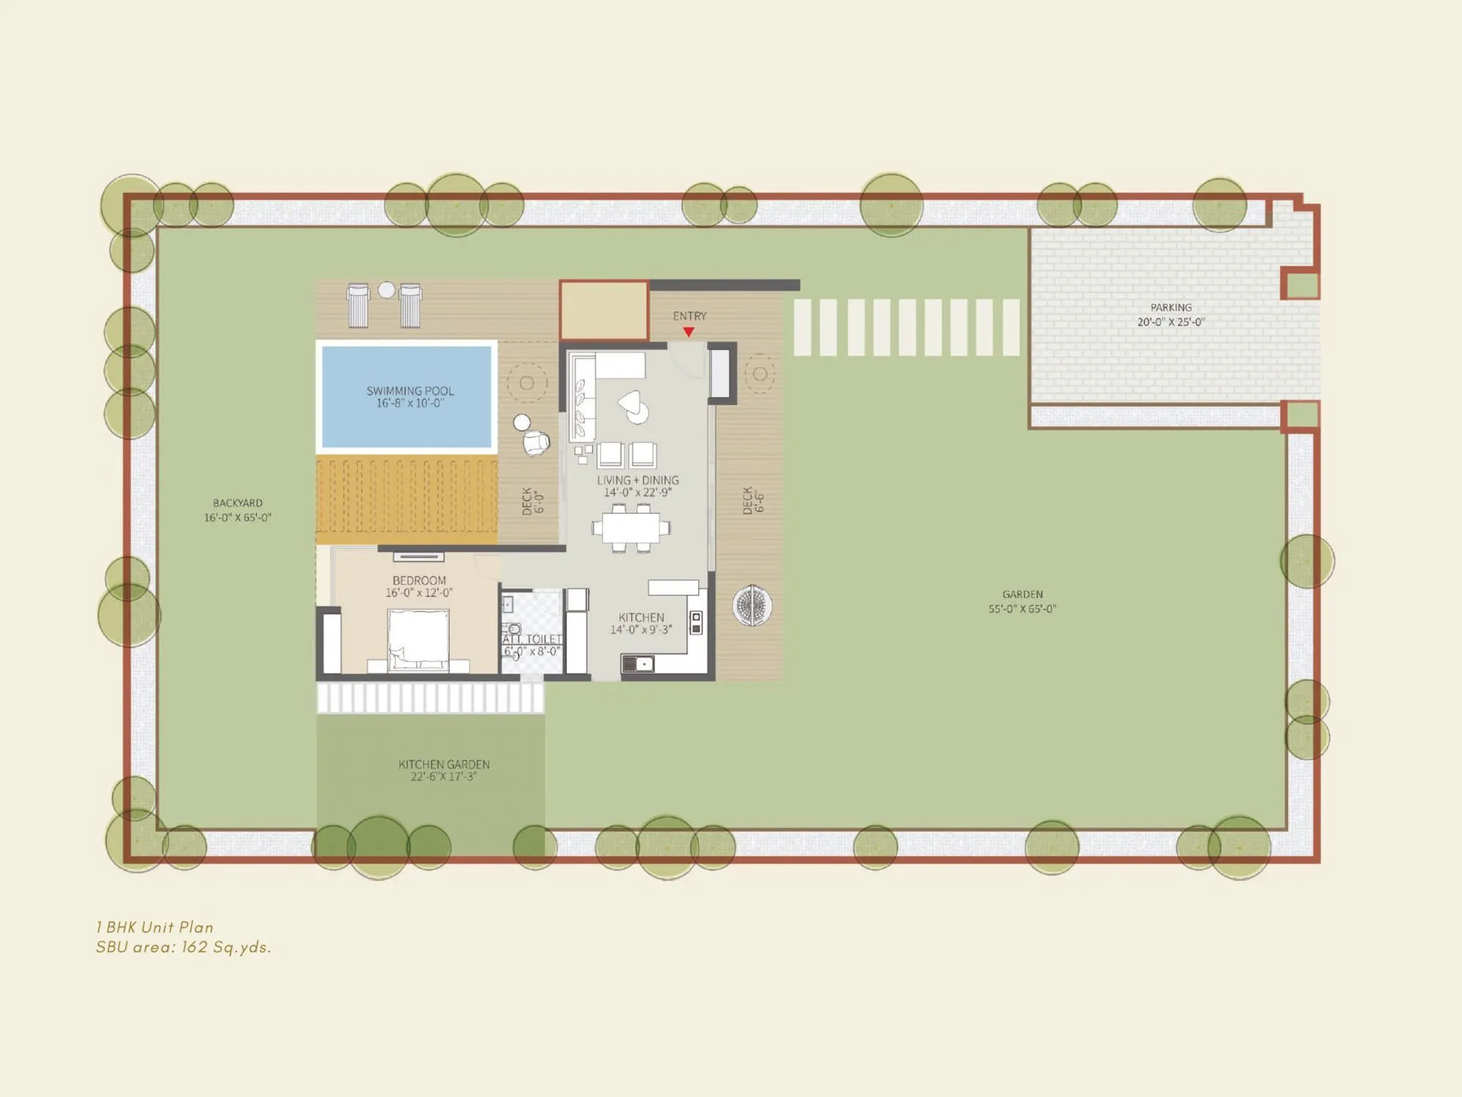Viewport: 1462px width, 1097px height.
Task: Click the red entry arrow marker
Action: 689,332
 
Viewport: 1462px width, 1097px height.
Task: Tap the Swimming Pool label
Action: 409,396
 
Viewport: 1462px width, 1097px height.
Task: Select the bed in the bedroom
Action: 418,639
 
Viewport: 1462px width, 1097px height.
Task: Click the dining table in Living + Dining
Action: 631,527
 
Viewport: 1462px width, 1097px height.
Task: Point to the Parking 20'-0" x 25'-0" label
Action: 1170,314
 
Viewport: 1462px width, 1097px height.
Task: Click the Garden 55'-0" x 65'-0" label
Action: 1022,601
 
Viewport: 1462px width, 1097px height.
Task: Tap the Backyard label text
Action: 237,510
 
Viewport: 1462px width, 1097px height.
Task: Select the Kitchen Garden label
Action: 444,770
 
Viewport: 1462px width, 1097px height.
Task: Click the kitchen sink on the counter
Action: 637,664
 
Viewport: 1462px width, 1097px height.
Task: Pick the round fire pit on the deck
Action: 751,605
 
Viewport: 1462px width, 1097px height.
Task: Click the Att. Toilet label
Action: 532,644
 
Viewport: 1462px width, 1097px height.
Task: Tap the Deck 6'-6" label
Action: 753,500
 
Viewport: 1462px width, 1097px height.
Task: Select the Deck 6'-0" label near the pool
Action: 533,502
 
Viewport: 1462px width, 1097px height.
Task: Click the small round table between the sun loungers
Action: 386,290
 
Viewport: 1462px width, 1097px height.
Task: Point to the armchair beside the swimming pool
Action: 536,442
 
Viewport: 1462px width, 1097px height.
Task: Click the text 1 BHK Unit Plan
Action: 154,927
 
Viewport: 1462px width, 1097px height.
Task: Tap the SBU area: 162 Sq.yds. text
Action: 183,947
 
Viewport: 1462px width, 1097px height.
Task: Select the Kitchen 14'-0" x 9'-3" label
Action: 641,623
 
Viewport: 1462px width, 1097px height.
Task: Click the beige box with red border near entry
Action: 604,310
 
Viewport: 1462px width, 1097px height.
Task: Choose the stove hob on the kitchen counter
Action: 696,622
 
